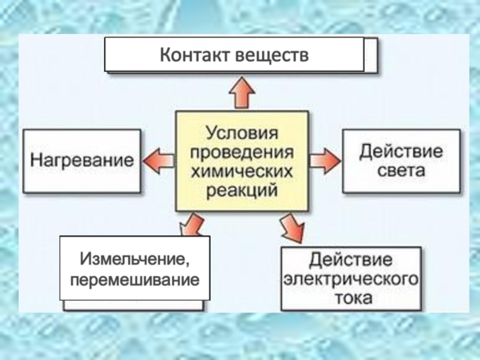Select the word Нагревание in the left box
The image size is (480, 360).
pyautogui.click(x=82, y=161)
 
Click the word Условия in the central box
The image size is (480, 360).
pyautogui.click(x=242, y=131)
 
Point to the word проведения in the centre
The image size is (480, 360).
pyautogui.click(x=242, y=151)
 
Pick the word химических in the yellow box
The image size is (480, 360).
pyautogui.click(x=242, y=171)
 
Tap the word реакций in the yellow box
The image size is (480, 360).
pyautogui.click(x=242, y=191)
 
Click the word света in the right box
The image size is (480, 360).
pyautogui.click(x=401, y=170)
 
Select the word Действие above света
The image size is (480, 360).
pyautogui.click(x=401, y=150)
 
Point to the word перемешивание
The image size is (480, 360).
pyautogui.click(x=134, y=280)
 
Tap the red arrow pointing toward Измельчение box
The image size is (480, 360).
pyautogui.click(x=191, y=226)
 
